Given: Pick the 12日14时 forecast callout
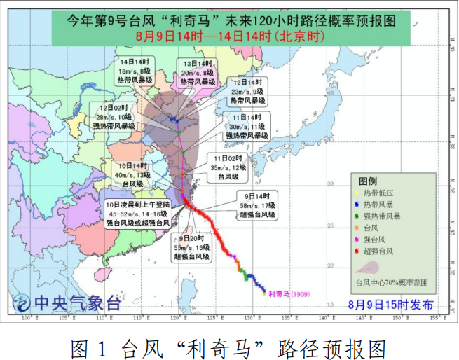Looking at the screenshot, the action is tap(247, 91).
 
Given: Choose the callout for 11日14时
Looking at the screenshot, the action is tap(246, 125).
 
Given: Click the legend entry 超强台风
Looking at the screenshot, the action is tap(377, 250).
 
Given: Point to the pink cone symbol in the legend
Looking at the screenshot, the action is tap(375, 268).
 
